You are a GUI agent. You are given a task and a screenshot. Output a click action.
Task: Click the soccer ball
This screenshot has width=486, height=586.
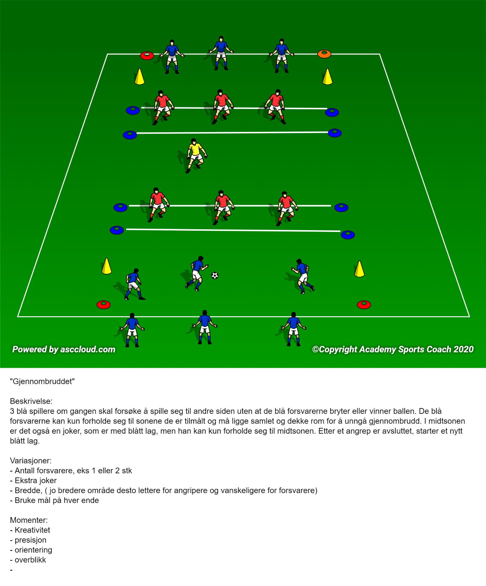[x=215, y=276]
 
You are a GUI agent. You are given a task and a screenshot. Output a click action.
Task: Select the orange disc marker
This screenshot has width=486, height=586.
[x=324, y=54]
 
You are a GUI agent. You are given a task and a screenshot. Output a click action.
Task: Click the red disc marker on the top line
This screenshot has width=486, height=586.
[x=147, y=56]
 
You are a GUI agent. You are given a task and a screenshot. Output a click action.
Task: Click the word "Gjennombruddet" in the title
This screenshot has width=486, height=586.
[x=42, y=382]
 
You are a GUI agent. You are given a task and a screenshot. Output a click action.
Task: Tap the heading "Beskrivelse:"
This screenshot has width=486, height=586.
[x=31, y=401]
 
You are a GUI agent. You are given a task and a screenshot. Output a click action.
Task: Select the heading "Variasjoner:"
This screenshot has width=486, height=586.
[x=31, y=461]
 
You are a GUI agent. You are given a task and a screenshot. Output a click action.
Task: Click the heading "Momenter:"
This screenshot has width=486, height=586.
[x=29, y=520]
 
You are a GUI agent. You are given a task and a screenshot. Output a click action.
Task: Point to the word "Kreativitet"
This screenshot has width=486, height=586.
[x=32, y=530]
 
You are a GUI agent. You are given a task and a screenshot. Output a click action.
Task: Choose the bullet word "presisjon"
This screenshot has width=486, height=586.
[x=31, y=540]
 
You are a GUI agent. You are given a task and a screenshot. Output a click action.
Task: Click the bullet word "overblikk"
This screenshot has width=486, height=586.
[x=30, y=560]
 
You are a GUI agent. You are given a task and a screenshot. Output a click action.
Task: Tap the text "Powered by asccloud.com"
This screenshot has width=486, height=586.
[x=64, y=349]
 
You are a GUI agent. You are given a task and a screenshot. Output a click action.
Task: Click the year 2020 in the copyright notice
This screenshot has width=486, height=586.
[x=463, y=349]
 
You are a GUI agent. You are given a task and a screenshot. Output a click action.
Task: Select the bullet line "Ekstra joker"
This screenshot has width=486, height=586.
[x=33, y=480]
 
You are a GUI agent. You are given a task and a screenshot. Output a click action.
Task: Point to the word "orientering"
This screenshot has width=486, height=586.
[x=33, y=550]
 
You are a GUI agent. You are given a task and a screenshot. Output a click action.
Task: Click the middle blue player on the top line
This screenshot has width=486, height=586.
[x=221, y=53]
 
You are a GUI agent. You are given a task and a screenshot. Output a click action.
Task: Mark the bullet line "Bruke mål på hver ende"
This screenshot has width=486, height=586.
[x=54, y=501]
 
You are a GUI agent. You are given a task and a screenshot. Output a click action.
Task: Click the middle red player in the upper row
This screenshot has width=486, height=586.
[x=222, y=107]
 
